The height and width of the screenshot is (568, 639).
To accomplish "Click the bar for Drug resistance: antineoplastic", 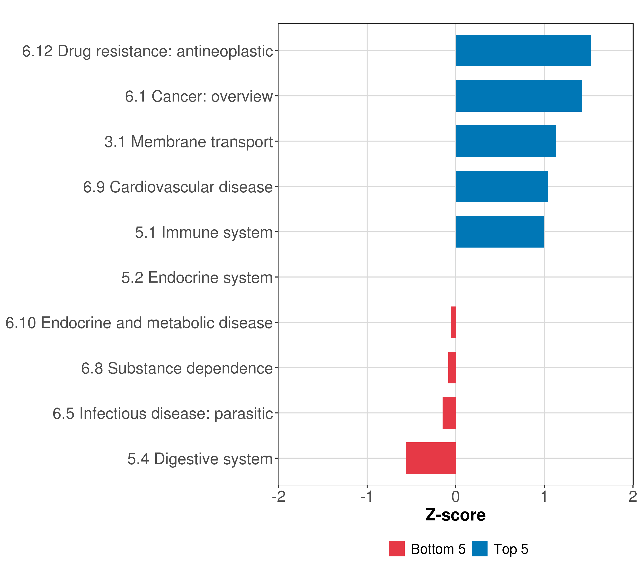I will (x=523, y=51).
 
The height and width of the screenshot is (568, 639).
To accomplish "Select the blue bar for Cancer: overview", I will (x=519, y=96).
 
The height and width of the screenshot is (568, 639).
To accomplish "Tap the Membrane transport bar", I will (x=506, y=141).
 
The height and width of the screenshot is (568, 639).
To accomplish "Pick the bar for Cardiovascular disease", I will (x=501, y=187).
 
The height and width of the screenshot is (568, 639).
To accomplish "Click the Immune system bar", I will (x=499, y=232).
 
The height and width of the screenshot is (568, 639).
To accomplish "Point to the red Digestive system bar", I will (x=430, y=458).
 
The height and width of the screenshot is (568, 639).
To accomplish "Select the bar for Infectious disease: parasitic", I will (x=449, y=413).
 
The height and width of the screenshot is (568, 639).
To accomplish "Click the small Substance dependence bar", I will (x=452, y=368).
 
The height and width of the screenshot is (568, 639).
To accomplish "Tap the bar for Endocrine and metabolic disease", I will (x=453, y=322).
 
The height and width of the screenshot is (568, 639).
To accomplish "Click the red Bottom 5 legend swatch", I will (x=397, y=549).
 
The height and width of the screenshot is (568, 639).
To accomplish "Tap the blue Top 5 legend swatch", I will (x=479, y=549).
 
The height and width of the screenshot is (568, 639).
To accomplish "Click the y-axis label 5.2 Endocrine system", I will (x=197, y=278).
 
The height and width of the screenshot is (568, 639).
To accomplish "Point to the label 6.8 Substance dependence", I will (x=177, y=368).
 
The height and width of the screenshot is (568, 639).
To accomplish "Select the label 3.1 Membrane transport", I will (x=189, y=142).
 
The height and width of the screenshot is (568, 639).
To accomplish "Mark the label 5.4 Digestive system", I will (x=200, y=459).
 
